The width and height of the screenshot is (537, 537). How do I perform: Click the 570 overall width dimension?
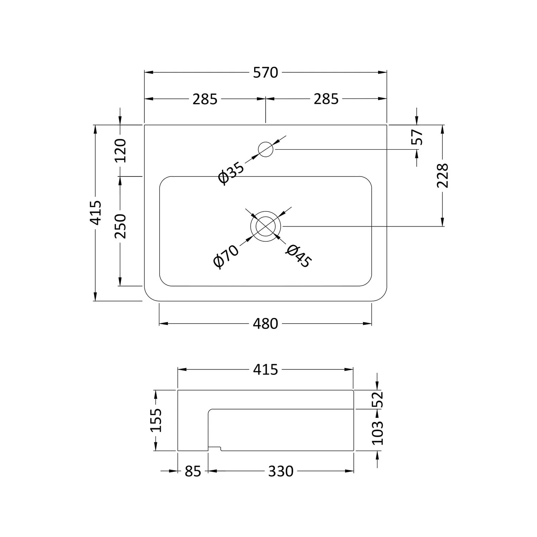click(x=265, y=73)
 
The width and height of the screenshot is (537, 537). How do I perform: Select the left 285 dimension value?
click(x=205, y=99)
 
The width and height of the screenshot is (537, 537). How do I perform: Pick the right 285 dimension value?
click(x=326, y=99)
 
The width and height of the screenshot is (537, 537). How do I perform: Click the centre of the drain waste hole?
click(x=266, y=226)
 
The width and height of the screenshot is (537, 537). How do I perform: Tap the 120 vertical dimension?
click(x=121, y=150)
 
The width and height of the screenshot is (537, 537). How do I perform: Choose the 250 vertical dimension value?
click(x=121, y=226)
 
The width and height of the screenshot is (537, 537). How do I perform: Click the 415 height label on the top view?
click(x=96, y=213)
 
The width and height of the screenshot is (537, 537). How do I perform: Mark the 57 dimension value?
click(x=417, y=137)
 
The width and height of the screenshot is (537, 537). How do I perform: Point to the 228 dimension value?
click(x=443, y=175)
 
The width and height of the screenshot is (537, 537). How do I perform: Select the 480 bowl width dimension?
click(x=265, y=324)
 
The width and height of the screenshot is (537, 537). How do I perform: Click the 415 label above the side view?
click(x=265, y=370)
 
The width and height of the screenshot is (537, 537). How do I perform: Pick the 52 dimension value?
click(x=378, y=400)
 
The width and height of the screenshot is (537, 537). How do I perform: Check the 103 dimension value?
click(x=378, y=432)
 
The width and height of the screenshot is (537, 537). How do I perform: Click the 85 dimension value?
click(x=193, y=471)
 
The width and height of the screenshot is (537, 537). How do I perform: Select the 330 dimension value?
click(x=281, y=471)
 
